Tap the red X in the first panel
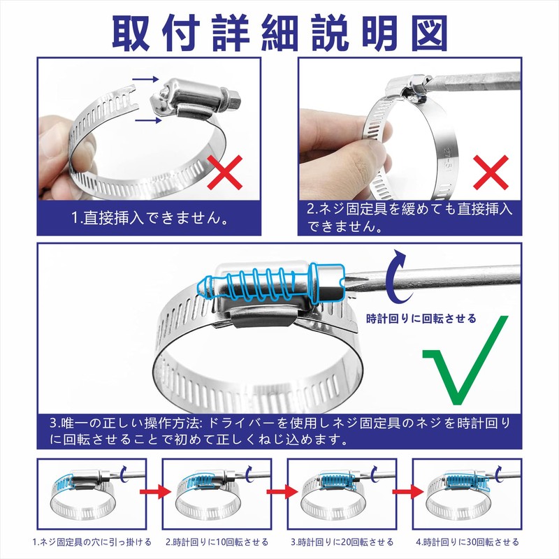point(225,172)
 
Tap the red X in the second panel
point(491,172)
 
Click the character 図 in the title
point(430,34)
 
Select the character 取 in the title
point(131,34)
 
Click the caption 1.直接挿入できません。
point(150,218)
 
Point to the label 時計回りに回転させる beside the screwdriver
point(421,319)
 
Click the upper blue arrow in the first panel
point(145,79)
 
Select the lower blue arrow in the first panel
point(148,120)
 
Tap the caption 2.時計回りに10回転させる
point(217,542)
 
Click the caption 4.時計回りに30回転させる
point(467,542)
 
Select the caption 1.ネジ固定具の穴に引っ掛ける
point(92,542)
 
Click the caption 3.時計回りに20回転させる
point(342,542)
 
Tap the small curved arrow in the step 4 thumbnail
point(499,474)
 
